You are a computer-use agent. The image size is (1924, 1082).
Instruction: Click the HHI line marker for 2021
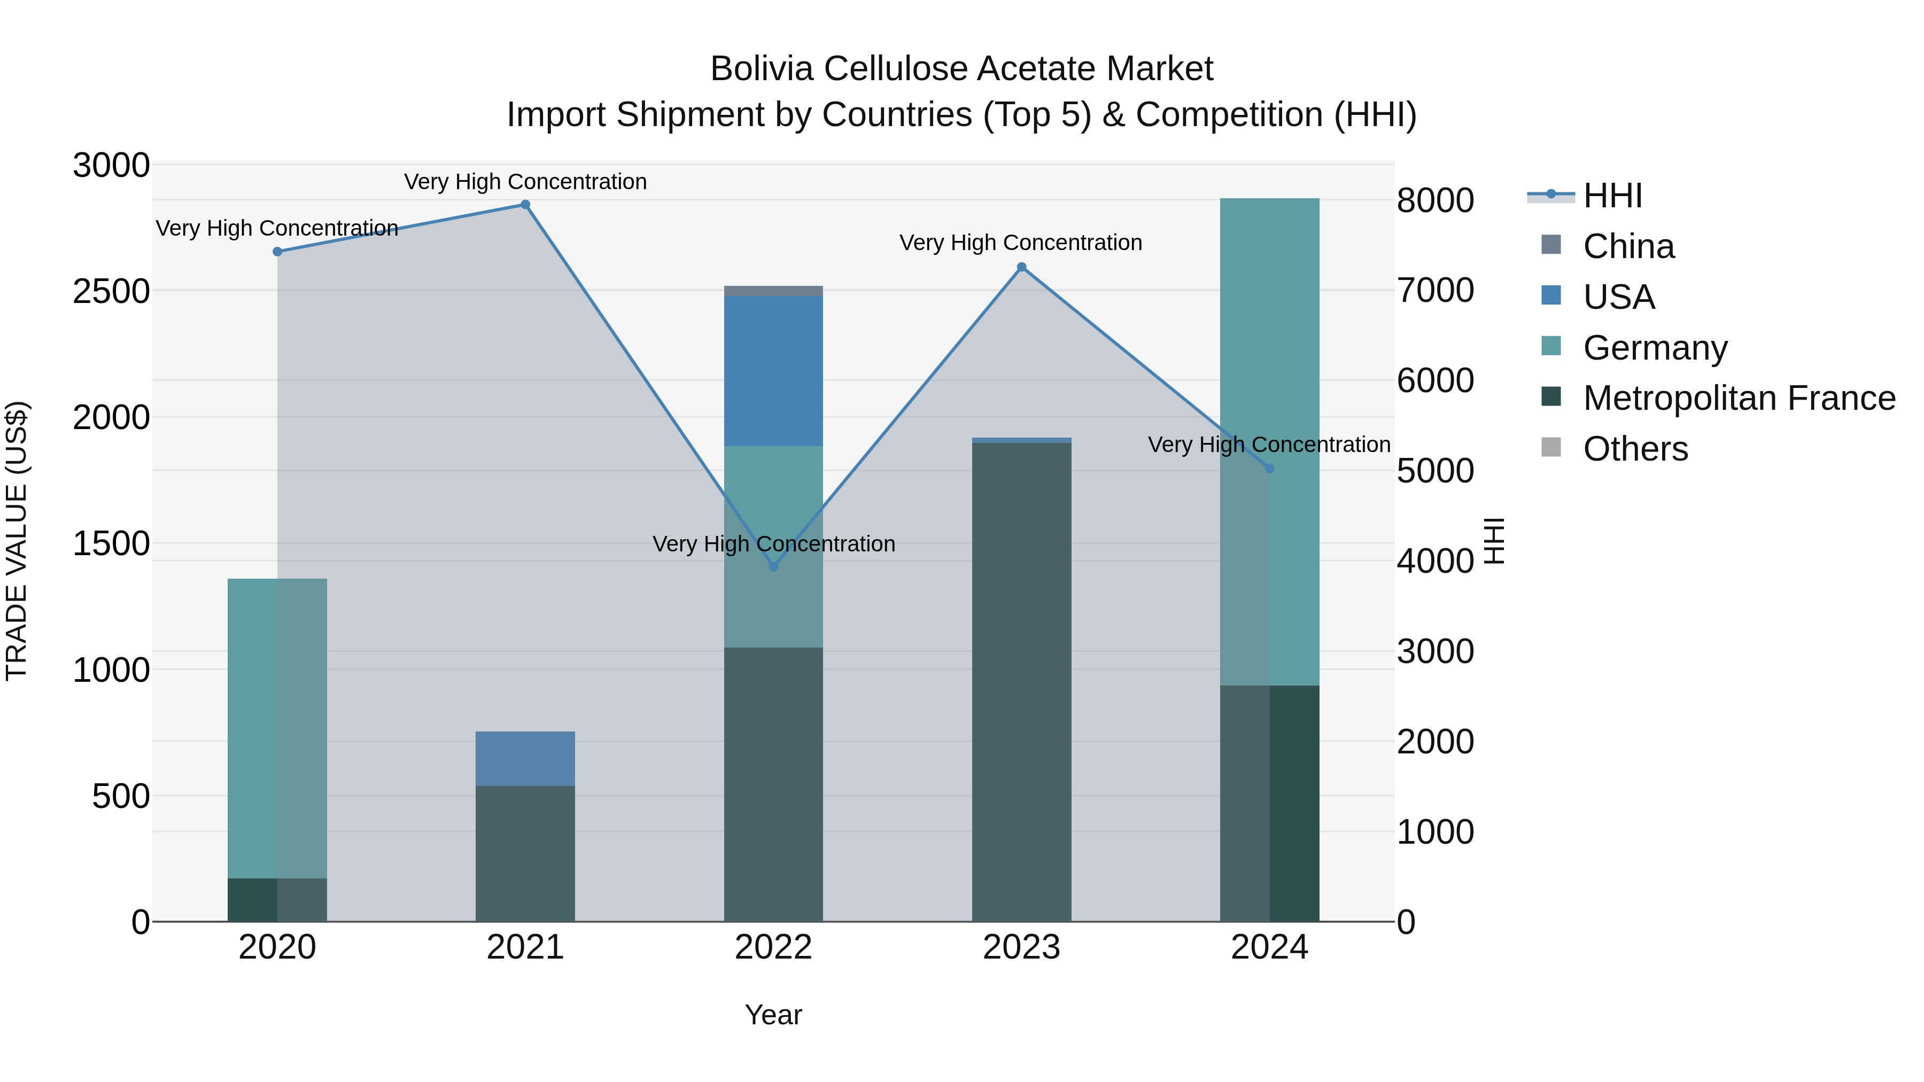click(525, 205)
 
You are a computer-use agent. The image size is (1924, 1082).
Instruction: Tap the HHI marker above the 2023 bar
click(1022, 267)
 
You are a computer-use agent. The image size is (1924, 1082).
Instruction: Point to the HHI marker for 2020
click(277, 252)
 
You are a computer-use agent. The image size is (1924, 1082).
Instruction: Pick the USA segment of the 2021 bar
click(525, 759)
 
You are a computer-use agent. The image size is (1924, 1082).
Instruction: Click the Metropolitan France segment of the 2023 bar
click(1022, 682)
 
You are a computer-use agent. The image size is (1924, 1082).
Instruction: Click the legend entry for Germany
click(1654, 348)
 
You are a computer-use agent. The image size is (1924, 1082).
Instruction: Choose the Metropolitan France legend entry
click(1739, 399)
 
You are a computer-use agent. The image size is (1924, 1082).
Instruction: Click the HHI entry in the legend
click(1612, 196)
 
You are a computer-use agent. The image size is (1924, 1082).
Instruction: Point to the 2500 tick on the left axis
click(111, 291)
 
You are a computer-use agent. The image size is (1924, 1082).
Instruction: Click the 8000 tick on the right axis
click(1435, 201)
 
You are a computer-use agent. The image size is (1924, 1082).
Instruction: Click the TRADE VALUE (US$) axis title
click(17, 541)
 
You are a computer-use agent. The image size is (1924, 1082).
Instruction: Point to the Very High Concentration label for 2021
click(525, 182)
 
